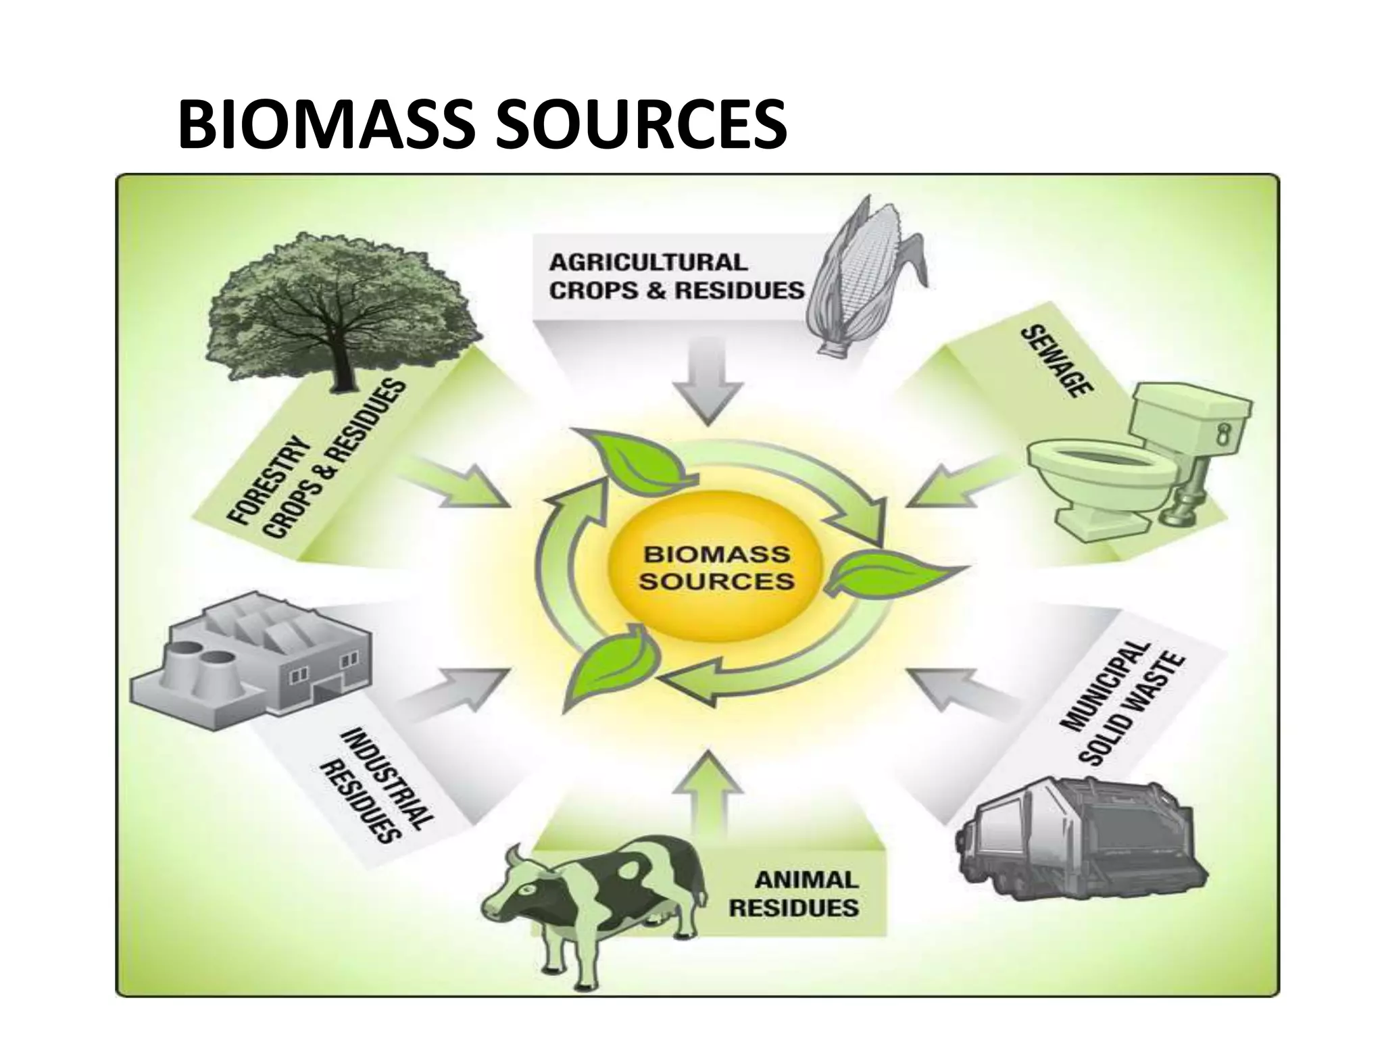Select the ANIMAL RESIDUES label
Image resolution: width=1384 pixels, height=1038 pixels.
pyautogui.click(x=794, y=893)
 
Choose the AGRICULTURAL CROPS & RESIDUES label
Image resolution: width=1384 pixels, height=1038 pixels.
pyautogui.click(x=676, y=276)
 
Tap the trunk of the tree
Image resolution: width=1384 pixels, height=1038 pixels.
pyautogui.click(x=335, y=365)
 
